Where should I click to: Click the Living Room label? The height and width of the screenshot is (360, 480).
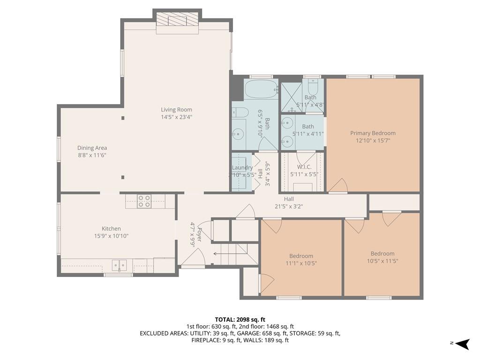(177, 110)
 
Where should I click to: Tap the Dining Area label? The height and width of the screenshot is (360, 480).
(92, 148)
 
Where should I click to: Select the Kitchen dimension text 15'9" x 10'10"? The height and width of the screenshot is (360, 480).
(111, 236)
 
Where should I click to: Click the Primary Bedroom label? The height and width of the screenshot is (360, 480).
(373, 133)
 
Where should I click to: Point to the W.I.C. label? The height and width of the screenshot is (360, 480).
(304, 167)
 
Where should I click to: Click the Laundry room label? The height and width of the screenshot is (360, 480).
(242, 167)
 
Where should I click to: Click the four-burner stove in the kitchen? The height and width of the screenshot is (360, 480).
(144, 202)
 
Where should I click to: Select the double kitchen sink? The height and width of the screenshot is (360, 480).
(120, 265)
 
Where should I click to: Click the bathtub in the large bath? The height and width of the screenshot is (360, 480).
(262, 89)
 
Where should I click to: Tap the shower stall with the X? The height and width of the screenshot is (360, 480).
(292, 97)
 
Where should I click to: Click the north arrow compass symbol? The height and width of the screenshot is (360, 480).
(462, 344)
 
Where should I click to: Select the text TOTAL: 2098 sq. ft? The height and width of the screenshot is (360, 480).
(240, 320)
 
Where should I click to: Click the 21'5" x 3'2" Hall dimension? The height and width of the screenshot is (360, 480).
(289, 206)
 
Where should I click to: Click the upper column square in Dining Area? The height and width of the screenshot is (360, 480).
(123, 118)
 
